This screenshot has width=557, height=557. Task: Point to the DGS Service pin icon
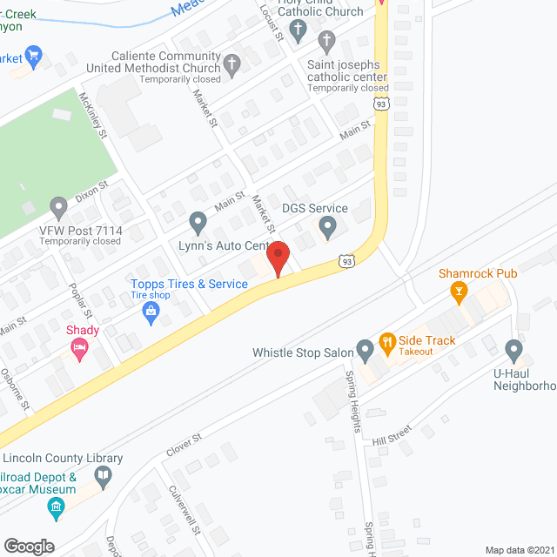point(327,227)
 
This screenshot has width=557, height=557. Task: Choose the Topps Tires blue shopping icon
point(151,314)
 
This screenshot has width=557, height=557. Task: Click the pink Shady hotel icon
point(79,349)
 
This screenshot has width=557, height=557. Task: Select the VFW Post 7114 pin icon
point(59,208)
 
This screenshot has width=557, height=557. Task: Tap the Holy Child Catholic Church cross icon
point(298,32)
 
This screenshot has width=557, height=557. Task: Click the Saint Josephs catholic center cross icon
point(326,40)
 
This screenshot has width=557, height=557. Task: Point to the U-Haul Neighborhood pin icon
point(513,352)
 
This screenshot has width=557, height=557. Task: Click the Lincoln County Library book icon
point(104,475)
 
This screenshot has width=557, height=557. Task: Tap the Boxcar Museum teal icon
point(57,507)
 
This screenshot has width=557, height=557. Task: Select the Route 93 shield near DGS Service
point(346,259)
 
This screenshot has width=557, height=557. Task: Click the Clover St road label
point(184,446)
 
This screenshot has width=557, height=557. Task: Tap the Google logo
point(29,546)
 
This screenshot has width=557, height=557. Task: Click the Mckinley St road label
point(92,116)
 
